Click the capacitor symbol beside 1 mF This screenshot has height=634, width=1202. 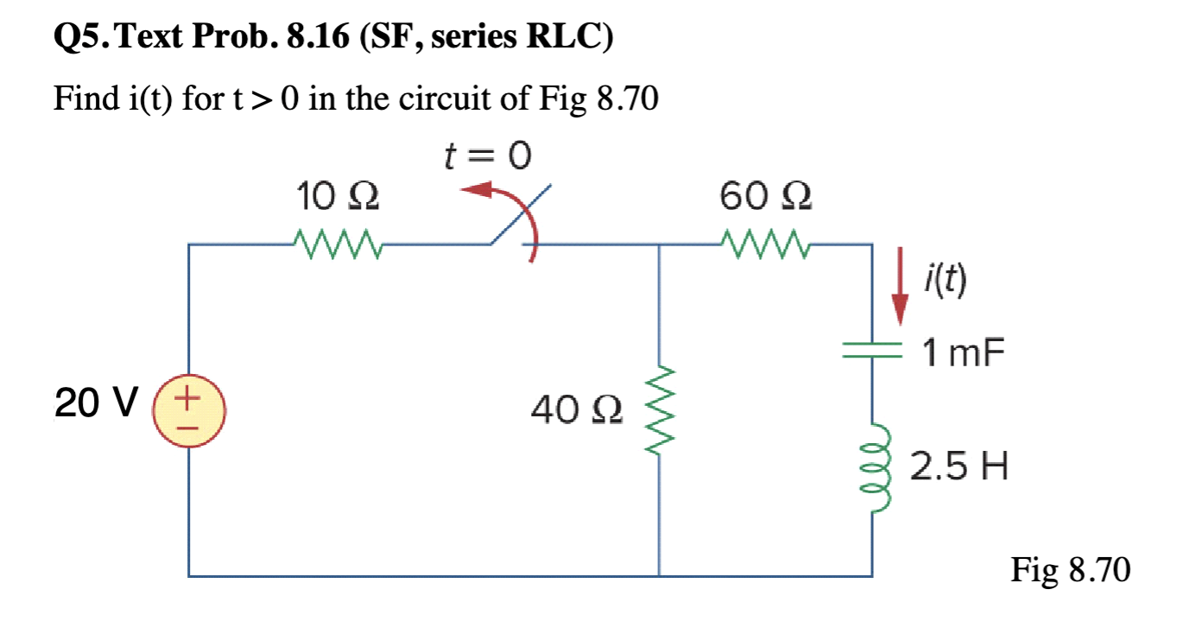(871, 350)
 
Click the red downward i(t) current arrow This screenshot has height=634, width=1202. (900, 286)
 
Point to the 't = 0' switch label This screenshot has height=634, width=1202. (486, 156)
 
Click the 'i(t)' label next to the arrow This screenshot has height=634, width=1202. (945, 278)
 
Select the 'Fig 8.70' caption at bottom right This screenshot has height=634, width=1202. (1070, 570)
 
